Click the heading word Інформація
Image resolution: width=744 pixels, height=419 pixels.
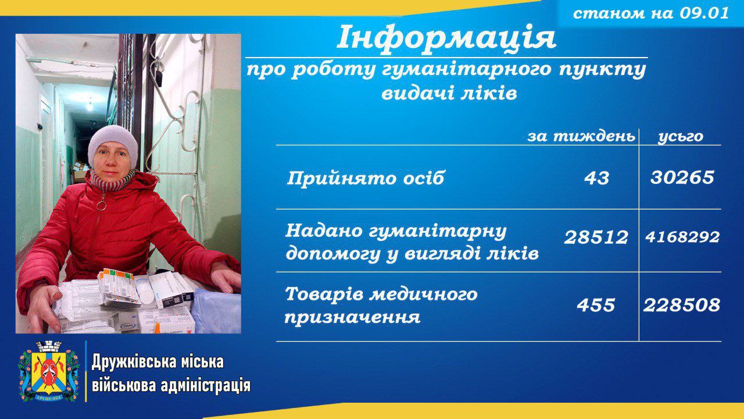(446, 38)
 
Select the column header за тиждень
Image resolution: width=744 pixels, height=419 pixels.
(581, 137)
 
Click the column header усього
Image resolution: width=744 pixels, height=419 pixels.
(681, 137)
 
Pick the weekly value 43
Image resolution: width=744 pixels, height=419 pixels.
(596, 178)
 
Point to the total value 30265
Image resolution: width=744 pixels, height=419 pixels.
(682, 177)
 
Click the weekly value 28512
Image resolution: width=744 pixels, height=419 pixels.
(596, 237)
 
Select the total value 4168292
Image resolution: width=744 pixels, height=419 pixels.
(682, 237)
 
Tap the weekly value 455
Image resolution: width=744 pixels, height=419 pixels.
(596, 305)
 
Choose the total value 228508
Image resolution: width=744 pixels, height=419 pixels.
(682, 305)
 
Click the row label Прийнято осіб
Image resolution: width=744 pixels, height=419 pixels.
(365, 178)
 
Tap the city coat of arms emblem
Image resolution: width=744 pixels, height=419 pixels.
(49, 371)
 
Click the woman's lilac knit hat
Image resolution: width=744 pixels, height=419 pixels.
(113, 145)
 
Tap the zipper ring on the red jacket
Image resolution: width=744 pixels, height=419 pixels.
(102, 205)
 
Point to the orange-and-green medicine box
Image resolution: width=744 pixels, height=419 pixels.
(118, 285)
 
